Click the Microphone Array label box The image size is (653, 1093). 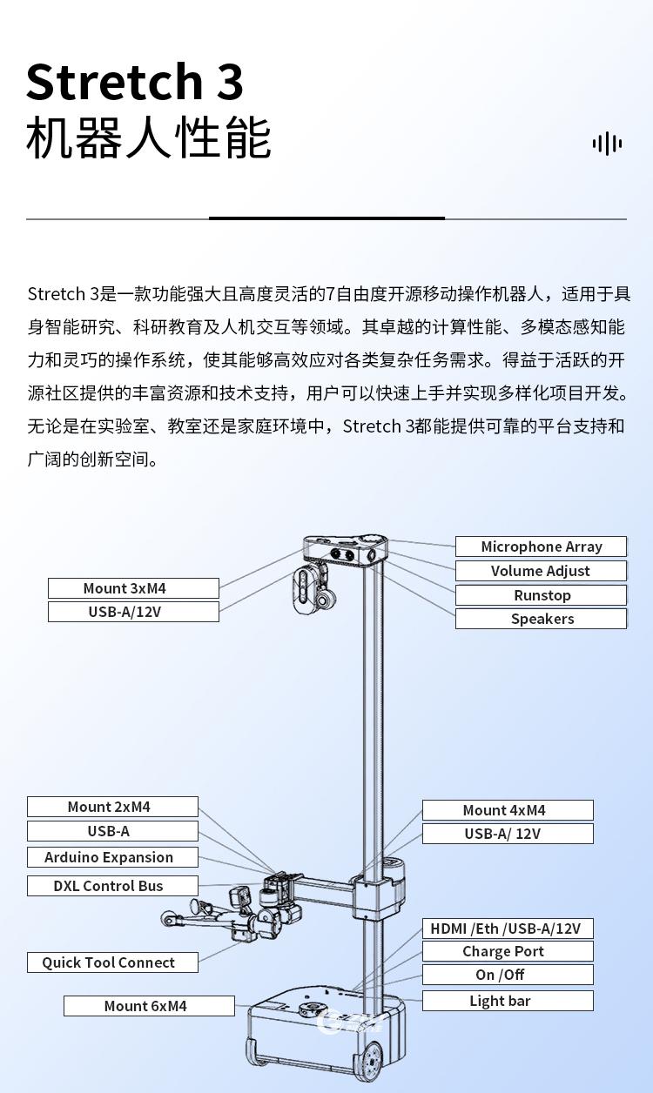541,546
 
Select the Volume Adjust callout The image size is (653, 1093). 541,571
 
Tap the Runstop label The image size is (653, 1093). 541,595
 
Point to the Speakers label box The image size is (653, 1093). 541,619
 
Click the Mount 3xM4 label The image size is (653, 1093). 133,588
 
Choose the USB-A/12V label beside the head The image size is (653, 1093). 133,612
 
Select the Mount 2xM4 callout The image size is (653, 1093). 112,807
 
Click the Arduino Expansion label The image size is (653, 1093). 112,857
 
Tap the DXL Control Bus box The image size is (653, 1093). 112,886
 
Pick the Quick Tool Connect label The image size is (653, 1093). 112,962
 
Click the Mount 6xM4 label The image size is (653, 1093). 149,1006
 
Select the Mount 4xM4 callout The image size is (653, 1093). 508,810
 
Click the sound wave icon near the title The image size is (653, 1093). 607,144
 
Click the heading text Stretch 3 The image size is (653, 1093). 135,82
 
